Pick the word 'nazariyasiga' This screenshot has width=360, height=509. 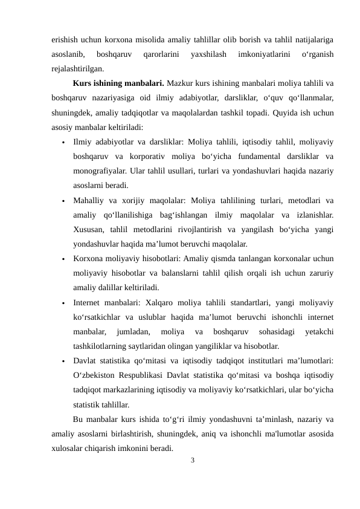118,97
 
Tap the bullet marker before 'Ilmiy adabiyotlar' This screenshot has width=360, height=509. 62,143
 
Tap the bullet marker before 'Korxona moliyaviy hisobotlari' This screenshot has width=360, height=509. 62,259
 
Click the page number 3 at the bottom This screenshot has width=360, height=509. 192,461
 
